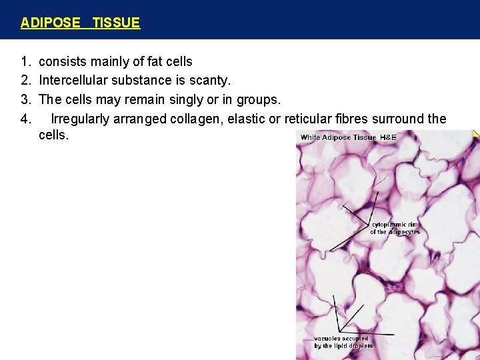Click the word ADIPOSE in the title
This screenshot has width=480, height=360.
tap(50, 23)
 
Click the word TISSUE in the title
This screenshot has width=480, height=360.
tap(116, 23)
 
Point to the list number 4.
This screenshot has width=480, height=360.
tap(25, 119)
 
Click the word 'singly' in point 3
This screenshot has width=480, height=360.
tap(191, 99)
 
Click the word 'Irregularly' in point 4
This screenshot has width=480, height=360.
tap(83, 119)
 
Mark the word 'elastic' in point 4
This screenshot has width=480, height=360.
tap(248, 119)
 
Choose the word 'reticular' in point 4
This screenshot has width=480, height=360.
tap(307, 119)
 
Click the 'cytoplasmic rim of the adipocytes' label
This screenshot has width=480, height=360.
tap(395, 229)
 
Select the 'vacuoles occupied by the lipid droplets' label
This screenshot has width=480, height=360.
tap(343, 342)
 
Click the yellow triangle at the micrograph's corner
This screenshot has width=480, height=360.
tap(476, 133)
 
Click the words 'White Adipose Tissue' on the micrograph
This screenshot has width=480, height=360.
tap(339, 137)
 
